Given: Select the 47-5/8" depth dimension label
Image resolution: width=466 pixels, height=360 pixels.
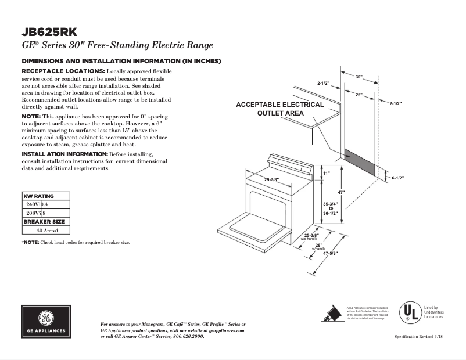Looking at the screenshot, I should pyautogui.click(x=330, y=253).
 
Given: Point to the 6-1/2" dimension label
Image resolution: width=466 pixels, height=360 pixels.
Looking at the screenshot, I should pyautogui.click(x=397, y=178).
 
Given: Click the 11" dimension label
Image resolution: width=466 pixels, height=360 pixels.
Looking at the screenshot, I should pyautogui.click(x=327, y=174).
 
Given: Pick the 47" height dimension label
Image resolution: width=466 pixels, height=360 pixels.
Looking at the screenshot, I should pyautogui.click(x=342, y=192).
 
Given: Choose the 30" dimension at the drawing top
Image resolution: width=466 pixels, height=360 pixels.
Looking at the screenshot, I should pyautogui.click(x=359, y=77).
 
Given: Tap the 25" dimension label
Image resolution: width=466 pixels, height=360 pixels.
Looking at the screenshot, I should pyautogui.click(x=359, y=94).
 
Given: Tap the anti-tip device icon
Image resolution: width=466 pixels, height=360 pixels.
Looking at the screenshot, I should pyautogui.click(x=332, y=314).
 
